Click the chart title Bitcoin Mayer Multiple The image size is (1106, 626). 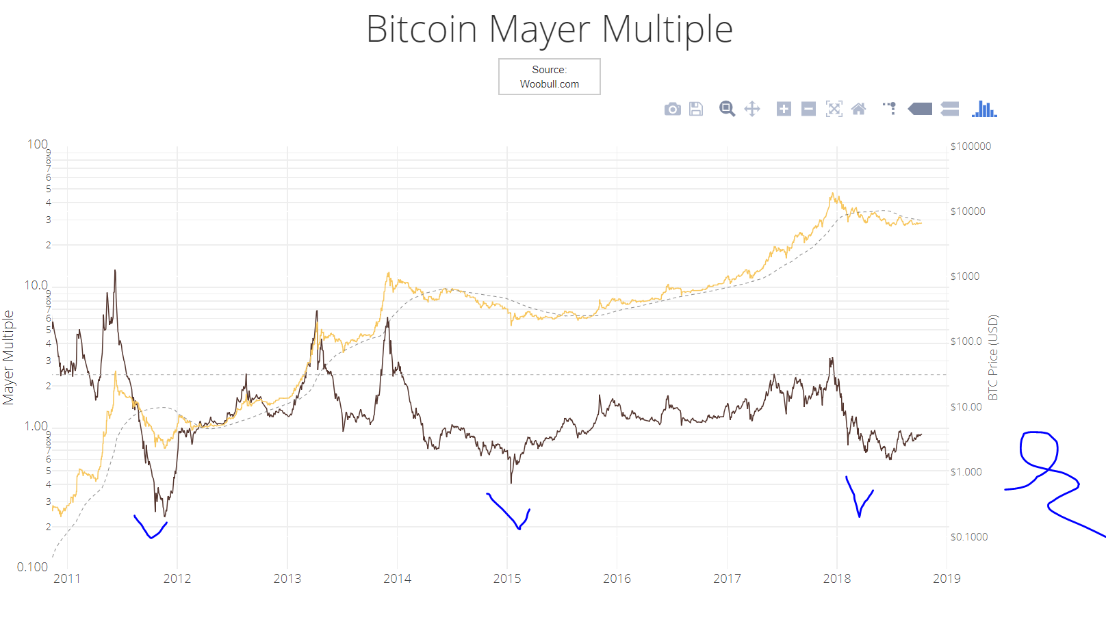(550, 29)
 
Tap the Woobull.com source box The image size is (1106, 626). (550, 77)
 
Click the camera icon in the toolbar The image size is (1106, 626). (672, 109)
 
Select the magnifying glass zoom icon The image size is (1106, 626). (727, 109)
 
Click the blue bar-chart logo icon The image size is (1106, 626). (984, 109)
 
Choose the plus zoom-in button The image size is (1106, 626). (784, 109)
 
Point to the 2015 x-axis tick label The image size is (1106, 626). (507, 579)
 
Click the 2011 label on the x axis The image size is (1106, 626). (67, 579)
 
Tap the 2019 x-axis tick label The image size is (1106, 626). (947, 579)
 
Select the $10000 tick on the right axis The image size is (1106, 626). (968, 211)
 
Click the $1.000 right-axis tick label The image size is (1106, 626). (966, 472)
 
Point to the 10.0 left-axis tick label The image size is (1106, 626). (36, 285)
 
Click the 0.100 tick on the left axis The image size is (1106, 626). (32, 567)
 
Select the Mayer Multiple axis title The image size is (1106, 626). (8, 357)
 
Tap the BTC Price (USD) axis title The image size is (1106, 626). (993, 357)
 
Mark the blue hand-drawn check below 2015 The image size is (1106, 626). (510, 512)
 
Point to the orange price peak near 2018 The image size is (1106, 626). (833, 194)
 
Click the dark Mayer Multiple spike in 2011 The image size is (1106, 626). (115, 271)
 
